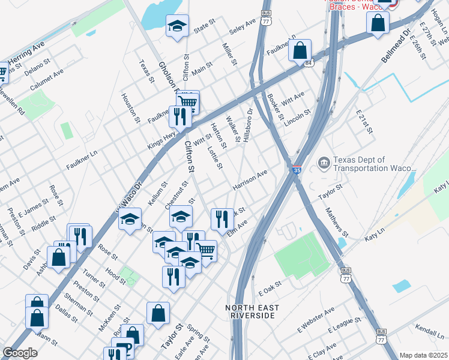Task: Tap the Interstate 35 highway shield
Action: point(297,170)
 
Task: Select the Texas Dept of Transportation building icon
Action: point(323,163)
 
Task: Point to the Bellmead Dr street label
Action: point(394,46)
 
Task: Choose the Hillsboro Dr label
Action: point(248,125)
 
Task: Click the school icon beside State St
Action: point(176,26)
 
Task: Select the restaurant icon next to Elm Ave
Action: point(223,218)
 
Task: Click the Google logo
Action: point(20,353)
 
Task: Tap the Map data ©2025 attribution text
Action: point(423,355)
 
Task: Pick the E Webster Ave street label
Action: point(316,320)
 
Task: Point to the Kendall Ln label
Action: point(431,331)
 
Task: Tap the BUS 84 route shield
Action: point(308,62)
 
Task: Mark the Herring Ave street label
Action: point(26,50)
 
